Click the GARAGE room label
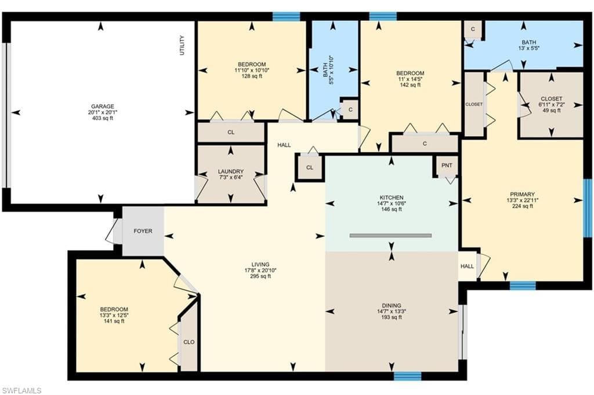(x=102, y=107)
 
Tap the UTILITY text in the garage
(x=182, y=45)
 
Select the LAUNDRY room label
(x=231, y=171)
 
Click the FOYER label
(x=143, y=231)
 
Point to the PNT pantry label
(x=447, y=165)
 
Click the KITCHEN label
(x=392, y=197)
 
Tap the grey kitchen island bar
(x=390, y=235)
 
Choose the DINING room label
(x=392, y=305)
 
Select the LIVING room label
(x=260, y=265)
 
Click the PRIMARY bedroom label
(x=522, y=195)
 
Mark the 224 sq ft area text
(x=523, y=206)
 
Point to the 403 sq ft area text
(x=102, y=118)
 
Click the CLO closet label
(x=189, y=342)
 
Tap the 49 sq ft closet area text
(x=551, y=111)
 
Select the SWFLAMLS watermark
(x=21, y=390)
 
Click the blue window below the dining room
(x=407, y=376)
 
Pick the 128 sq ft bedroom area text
(x=252, y=76)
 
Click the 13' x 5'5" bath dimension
(x=529, y=49)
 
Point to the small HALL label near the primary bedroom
(x=467, y=266)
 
